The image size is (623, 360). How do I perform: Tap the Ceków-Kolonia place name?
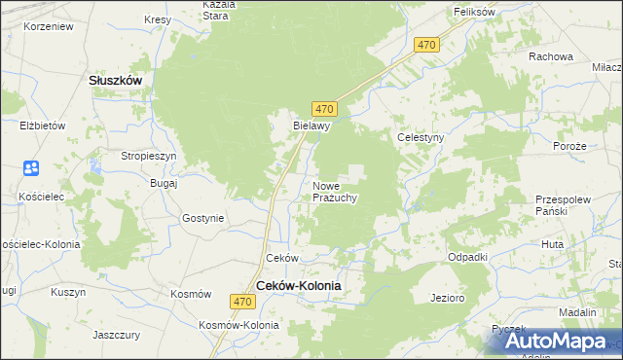tap(299, 285)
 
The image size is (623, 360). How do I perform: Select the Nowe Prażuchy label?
tap(336, 192)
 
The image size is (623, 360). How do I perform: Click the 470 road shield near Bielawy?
tap(325, 108)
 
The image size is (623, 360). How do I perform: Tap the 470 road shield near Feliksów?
tap(426, 46)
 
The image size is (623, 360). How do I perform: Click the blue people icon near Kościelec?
tap(30, 169)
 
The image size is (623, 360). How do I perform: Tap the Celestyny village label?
tap(421, 138)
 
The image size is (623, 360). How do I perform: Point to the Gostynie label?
tap(202, 219)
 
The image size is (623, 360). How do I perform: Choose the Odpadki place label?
tap(467, 257)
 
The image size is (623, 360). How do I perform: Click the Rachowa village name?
tap(550, 56)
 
